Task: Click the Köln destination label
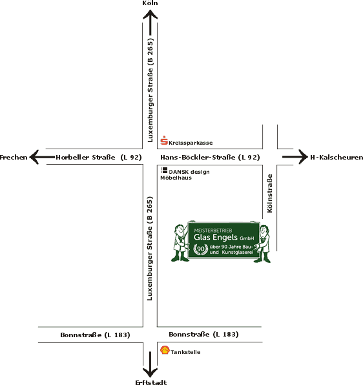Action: (150, 3)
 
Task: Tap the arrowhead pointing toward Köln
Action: (150, 14)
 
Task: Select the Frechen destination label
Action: (14, 158)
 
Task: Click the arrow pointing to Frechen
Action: (42, 157)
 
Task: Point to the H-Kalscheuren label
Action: (337, 158)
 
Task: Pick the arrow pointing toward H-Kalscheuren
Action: (295, 157)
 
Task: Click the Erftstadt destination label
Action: (151, 382)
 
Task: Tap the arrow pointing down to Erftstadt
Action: (150, 364)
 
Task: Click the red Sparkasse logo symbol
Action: (164, 140)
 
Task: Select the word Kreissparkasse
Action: (191, 143)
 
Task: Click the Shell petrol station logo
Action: (165, 350)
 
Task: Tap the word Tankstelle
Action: (185, 352)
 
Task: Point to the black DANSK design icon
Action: (164, 171)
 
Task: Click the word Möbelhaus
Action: (176, 178)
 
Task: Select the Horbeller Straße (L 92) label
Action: (99, 158)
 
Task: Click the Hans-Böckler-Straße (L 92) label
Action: (210, 158)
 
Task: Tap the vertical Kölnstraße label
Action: (270, 193)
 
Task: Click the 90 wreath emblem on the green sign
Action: (201, 249)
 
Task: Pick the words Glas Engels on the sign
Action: (216, 238)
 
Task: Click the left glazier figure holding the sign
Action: (180, 243)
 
